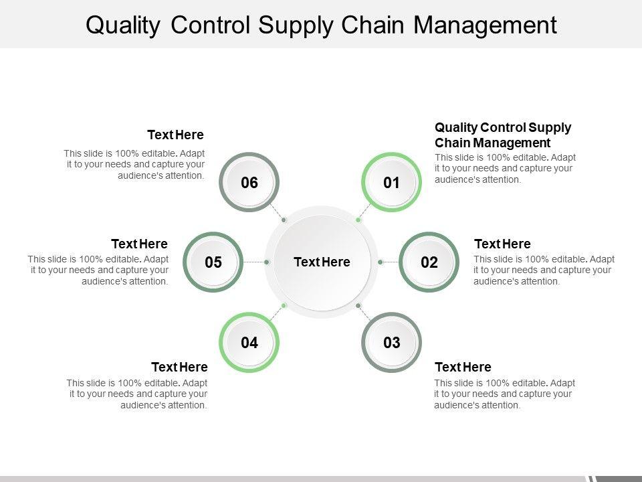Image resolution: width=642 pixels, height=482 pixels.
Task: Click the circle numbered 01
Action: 391,182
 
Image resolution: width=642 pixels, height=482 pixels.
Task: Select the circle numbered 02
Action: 429,262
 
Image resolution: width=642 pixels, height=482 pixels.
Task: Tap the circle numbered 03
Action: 391,343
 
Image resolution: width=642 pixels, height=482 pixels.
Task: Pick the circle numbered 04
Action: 249,343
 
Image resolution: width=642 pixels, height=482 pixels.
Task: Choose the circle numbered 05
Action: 213,262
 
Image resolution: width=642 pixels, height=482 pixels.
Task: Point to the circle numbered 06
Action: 249,182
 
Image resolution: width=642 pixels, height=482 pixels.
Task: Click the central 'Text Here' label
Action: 322,262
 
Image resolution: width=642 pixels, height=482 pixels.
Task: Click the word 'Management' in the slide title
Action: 485,25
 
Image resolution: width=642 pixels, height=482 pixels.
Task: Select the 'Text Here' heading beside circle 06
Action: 175,135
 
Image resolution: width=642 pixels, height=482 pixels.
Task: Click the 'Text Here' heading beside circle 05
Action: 139,244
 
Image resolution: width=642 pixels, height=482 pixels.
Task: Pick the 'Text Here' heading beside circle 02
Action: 502,244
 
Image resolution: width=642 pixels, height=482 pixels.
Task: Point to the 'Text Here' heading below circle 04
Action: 179,367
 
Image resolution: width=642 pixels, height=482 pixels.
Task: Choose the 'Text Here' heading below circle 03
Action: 463,367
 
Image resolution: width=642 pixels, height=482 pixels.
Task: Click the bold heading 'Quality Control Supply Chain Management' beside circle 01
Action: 502,135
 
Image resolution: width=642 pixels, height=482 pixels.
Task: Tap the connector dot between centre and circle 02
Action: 380,262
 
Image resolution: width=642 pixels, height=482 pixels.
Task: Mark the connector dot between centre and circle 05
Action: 267,262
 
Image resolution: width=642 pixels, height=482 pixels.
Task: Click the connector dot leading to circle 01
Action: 358,220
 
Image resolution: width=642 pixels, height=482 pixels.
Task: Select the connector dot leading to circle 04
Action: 284,305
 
